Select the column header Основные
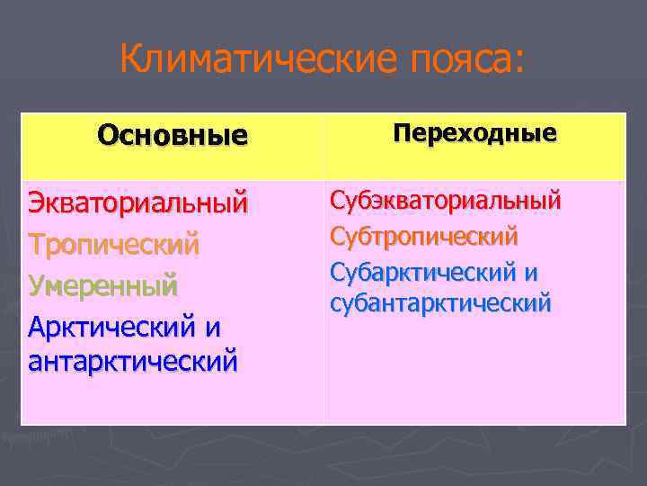tap(173, 136)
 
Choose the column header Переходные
tap(474, 134)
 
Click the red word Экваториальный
tap(137, 202)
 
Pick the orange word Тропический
tap(113, 244)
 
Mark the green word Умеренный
tap(102, 286)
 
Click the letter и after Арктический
tap(212, 326)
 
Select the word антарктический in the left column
tap(133, 361)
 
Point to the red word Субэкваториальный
tap(445, 199)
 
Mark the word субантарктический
tap(439, 303)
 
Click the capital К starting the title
tap(130, 60)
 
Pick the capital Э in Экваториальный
tap(37, 202)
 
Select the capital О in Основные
tap(107, 136)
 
